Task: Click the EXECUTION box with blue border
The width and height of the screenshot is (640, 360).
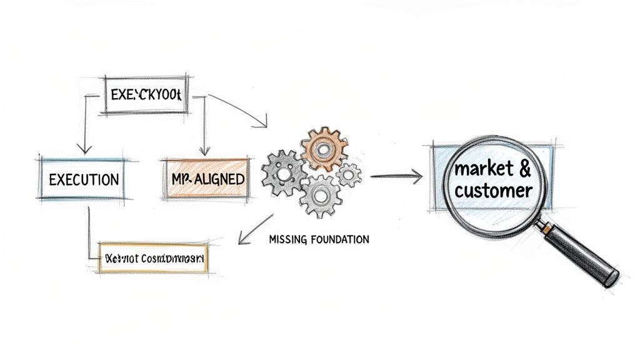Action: pyautogui.click(x=82, y=179)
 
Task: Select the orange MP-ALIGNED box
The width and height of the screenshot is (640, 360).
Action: pyautogui.click(x=207, y=179)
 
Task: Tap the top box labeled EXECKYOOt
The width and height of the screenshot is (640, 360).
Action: pyautogui.click(x=145, y=96)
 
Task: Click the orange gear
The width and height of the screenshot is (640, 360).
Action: pyautogui.click(x=323, y=149)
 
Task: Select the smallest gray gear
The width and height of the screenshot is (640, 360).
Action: pyautogui.click(x=349, y=174)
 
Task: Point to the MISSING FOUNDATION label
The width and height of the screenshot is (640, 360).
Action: pyautogui.click(x=318, y=239)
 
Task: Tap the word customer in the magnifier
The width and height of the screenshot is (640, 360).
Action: pyautogui.click(x=493, y=190)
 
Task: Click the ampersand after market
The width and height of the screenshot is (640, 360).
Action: pyautogui.click(x=525, y=168)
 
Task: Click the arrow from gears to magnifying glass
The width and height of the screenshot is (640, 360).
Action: pyautogui.click(x=396, y=177)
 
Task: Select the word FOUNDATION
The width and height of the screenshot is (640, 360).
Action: pyautogui.click(x=339, y=239)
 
